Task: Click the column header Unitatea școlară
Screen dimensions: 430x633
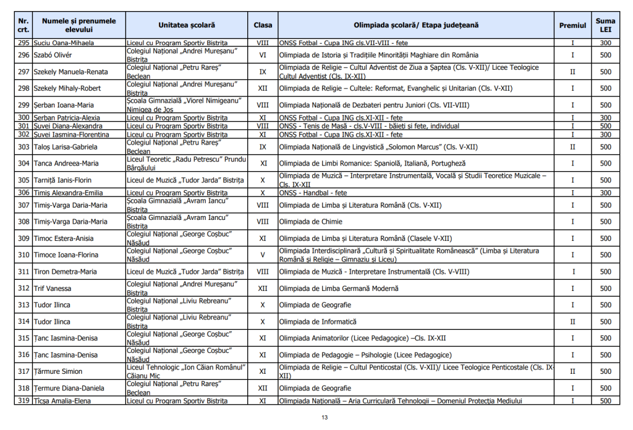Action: (187, 25)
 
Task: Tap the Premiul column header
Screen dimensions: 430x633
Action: (572, 25)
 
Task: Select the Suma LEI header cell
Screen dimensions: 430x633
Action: (605, 25)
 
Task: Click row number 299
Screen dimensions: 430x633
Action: (23, 105)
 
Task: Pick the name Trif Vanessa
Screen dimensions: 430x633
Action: (53, 289)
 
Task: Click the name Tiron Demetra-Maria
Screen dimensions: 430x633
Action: (66, 272)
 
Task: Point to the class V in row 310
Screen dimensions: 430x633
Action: (263, 255)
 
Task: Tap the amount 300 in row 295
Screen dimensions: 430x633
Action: (605, 43)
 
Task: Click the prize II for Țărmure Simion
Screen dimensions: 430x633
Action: (572, 372)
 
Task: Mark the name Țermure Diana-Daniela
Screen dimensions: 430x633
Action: (70, 389)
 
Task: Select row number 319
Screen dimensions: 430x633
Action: (23, 401)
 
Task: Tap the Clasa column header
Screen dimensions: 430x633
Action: (263, 25)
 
